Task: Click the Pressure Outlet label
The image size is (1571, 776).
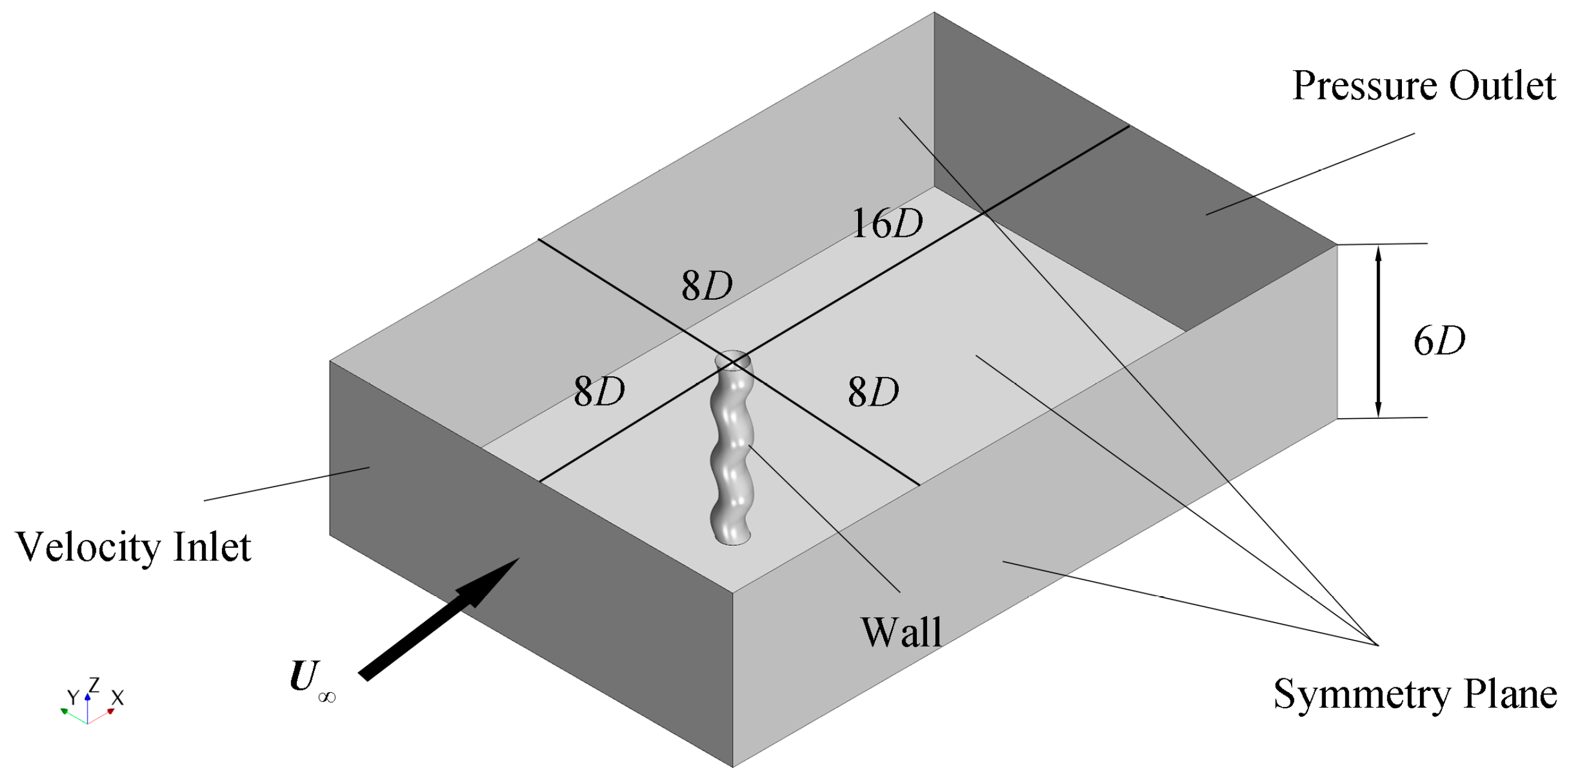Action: click(x=1423, y=86)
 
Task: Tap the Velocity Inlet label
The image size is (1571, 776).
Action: click(x=133, y=547)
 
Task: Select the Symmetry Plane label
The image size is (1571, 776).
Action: click(x=1415, y=695)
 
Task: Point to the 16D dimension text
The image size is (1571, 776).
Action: click(x=887, y=224)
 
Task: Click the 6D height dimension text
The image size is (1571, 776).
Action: click(x=1439, y=341)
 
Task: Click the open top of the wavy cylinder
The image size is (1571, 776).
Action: click(x=733, y=360)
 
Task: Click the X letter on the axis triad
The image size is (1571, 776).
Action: click(x=118, y=698)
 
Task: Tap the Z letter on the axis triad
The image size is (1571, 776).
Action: click(x=94, y=684)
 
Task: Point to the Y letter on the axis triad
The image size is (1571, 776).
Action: click(x=73, y=698)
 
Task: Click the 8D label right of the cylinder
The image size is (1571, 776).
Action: click(x=873, y=392)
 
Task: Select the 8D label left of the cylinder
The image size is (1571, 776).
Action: click(x=599, y=391)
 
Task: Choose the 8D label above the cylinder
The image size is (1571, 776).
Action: click(x=707, y=285)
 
